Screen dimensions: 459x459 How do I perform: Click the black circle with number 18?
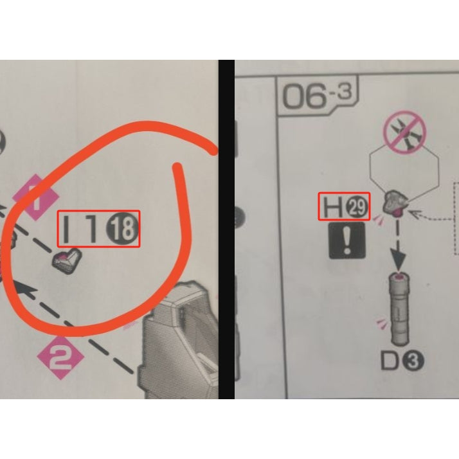click(x=122, y=228)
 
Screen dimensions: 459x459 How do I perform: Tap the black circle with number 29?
click(x=357, y=207)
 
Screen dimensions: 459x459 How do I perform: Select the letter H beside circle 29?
click(x=333, y=207)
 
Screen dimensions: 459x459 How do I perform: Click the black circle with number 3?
click(x=413, y=361)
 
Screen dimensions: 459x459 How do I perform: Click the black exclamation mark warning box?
click(x=347, y=240)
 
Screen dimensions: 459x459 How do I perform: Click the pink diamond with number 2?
click(x=60, y=357)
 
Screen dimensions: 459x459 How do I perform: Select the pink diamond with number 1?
click(x=36, y=197)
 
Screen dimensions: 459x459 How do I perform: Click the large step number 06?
click(x=304, y=95)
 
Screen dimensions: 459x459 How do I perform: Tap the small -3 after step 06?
click(x=341, y=91)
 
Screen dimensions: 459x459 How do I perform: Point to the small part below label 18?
click(x=66, y=262)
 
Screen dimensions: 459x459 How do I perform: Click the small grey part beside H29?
click(x=395, y=203)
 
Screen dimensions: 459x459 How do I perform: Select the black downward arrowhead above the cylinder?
click(x=398, y=258)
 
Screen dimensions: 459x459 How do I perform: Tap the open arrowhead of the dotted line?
click(x=417, y=214)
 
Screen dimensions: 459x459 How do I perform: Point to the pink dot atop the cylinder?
click(x=399, y=276)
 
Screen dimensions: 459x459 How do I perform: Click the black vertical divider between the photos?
click(x=226, y=230)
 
